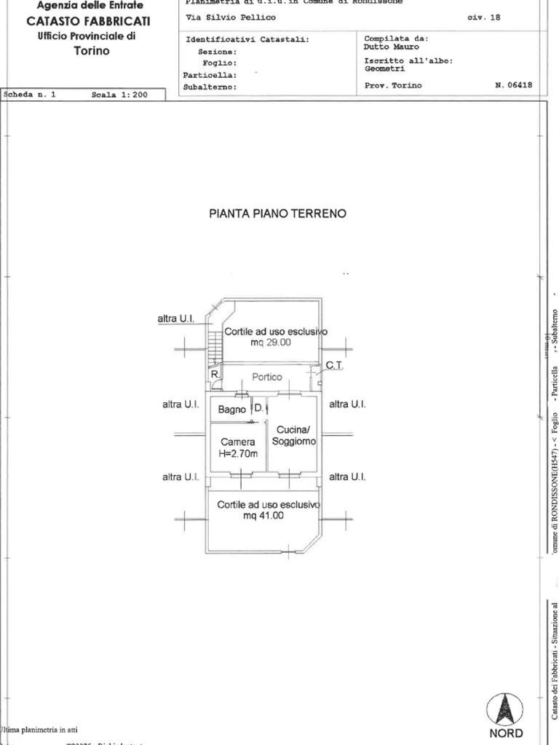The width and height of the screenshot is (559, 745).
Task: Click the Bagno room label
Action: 231,410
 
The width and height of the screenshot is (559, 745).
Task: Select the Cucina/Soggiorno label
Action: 293,436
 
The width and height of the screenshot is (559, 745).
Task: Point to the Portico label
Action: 267,377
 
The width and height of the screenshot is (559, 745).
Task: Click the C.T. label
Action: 333,364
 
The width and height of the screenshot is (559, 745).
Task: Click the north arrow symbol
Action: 505,710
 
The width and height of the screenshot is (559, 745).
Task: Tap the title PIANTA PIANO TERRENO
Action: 277,214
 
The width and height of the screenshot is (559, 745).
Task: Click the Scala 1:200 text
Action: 119,95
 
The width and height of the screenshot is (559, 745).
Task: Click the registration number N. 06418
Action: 513,85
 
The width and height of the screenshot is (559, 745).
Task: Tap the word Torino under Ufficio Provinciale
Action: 92,51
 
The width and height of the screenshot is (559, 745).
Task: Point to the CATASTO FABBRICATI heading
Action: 89,21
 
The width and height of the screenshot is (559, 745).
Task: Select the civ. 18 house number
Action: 484,17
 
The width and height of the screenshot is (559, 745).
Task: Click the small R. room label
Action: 215,374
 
